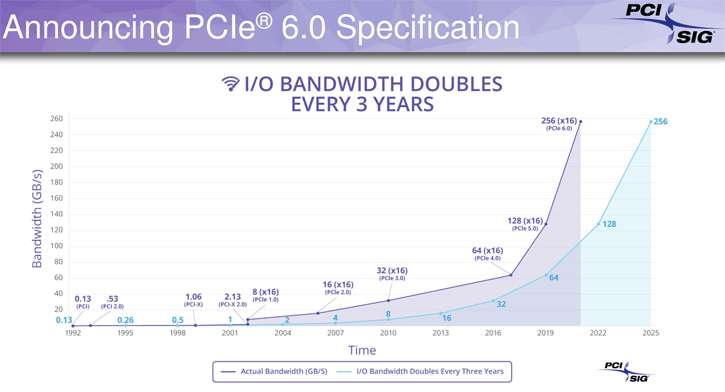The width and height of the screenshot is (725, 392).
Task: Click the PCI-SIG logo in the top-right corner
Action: tap(680, 24)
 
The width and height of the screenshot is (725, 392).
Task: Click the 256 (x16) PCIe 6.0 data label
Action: tap(557, 124)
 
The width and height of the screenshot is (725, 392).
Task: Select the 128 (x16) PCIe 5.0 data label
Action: tap(524, 224)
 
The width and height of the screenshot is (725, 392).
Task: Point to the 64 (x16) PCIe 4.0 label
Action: tap(488, 254)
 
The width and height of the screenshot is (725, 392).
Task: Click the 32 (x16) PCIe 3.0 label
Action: tap(391, 273)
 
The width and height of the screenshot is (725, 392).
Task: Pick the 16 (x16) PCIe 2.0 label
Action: tap(336, 288)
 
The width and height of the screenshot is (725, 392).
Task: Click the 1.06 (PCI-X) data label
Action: tap(193, 299)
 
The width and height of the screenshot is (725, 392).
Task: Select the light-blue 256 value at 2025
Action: tap(660, 122)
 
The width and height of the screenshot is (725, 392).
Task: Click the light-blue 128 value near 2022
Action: tap(609, 224)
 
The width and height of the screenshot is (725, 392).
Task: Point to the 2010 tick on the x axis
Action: tap(388, 333)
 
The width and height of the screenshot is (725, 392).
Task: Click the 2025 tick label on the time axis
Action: tap(651, 333)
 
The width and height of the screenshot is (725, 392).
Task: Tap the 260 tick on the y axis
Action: tap(56, 119)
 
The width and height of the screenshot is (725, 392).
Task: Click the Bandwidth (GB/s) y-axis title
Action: tap(37, 218)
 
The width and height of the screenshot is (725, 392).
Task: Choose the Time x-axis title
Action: tap(362, 350)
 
